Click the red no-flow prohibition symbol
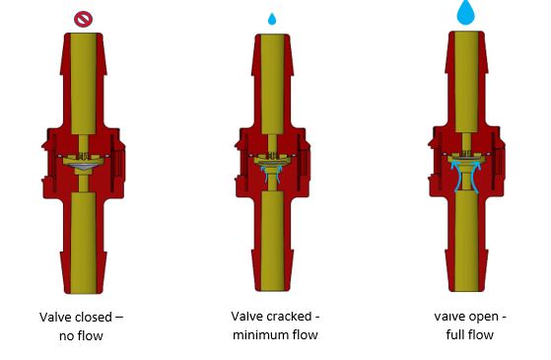[83, 19]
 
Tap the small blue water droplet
[272, 19]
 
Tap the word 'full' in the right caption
[455, 334]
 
